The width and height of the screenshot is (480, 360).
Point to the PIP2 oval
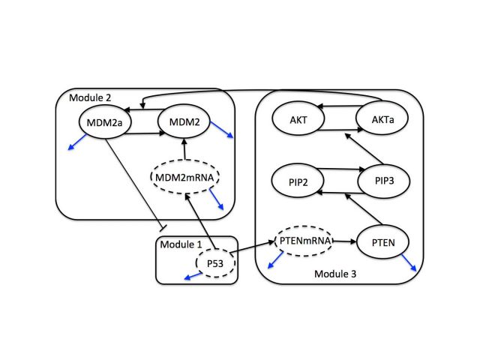296,182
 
